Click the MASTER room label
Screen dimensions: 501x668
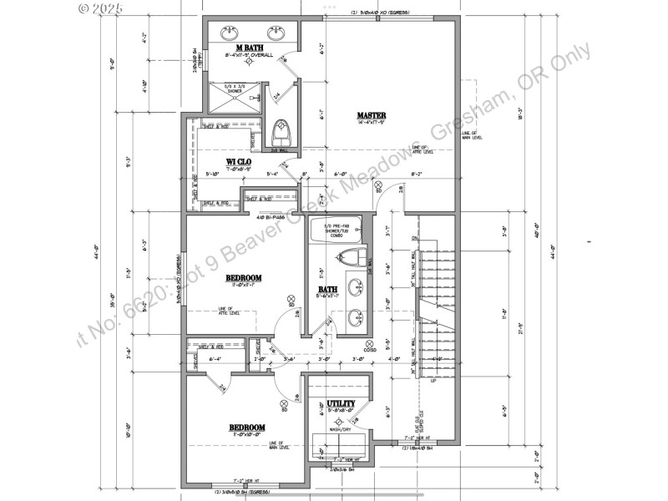(x=371, y=115)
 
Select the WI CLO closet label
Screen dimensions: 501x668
(x=240, y=161)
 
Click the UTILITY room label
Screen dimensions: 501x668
(x=341, y=403)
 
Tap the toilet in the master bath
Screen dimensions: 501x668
(x=281, y=131)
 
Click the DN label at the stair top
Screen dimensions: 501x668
(x=414, y=239)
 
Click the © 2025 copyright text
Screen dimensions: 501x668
(x=100, y=8)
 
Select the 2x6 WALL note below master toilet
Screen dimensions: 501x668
(x=280, y=150)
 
